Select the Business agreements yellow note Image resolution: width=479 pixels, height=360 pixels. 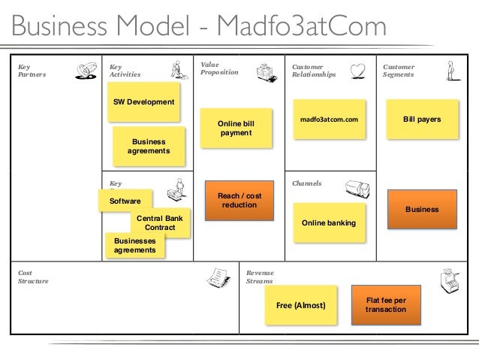coord(148,146)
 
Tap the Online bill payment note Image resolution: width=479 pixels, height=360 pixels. coord(235,128)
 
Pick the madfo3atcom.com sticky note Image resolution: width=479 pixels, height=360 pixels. coord(329,119)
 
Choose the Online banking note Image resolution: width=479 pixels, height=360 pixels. coord(328,223)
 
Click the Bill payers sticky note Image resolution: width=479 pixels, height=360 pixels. coord(422,119)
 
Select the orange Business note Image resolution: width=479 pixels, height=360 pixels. coord(422,209)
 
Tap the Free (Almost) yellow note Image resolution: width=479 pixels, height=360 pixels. coord(300,306)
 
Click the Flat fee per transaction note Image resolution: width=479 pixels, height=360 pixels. coord(385,304)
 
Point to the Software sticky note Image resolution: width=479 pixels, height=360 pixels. coord(124,201)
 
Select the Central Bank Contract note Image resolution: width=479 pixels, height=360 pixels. coord(161,222)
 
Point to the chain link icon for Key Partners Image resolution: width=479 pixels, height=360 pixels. coord(86,71)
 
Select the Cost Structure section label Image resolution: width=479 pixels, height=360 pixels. coord(33,277)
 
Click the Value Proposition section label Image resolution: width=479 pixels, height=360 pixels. coord(219,69)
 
